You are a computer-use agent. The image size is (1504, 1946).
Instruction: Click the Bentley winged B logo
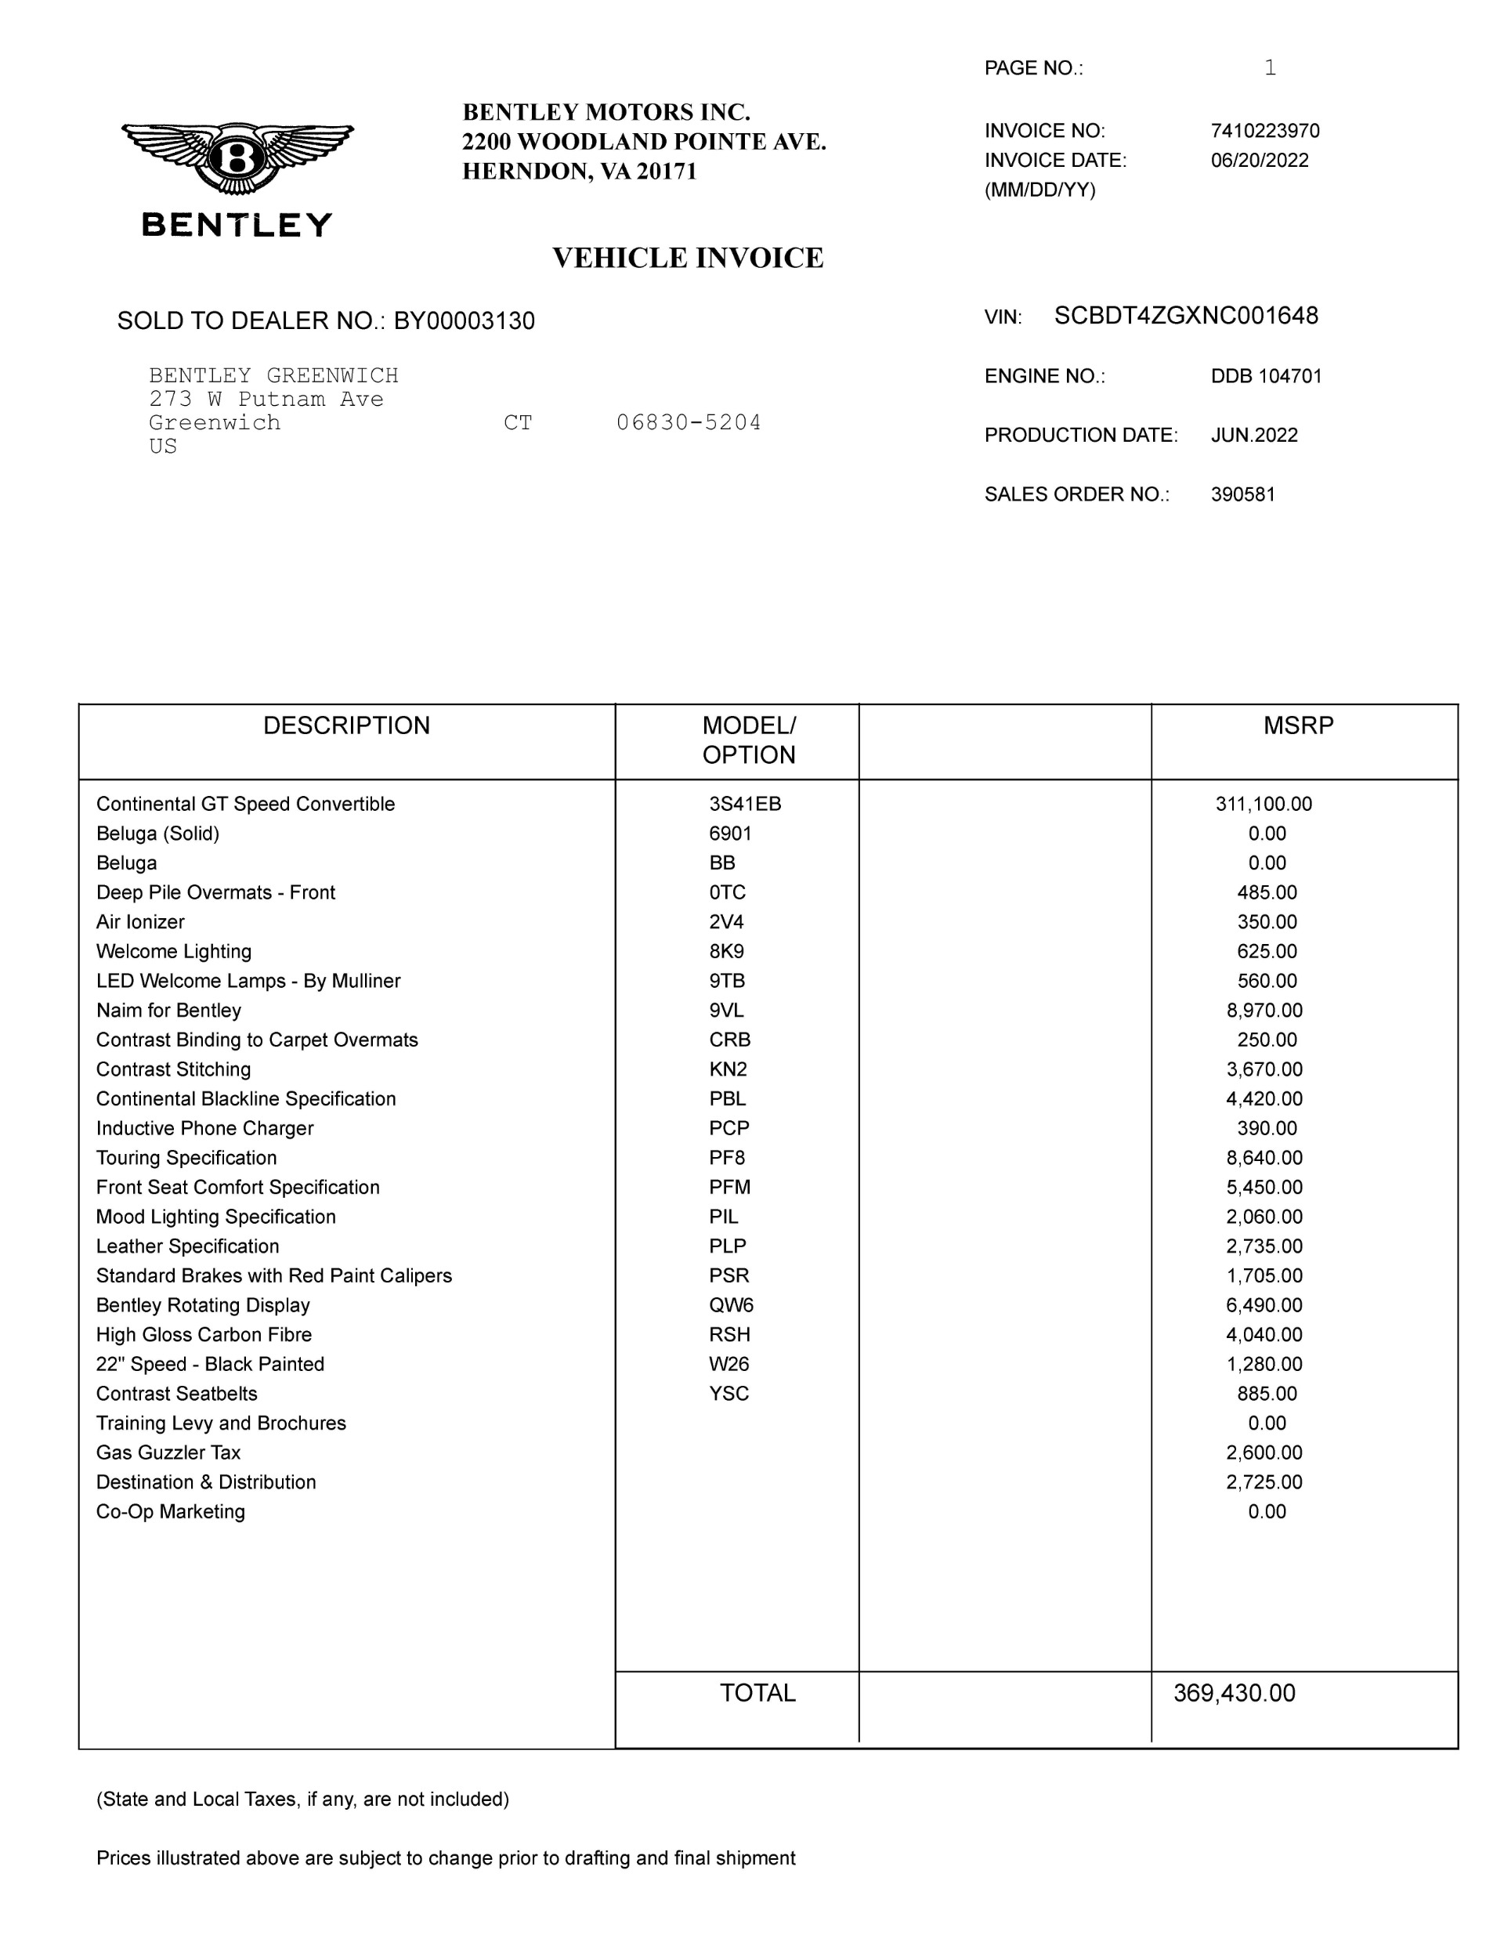point(237,158)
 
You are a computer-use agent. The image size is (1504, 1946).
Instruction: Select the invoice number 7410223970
point(1264,131)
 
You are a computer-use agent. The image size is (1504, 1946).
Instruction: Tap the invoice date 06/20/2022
point(1259,161)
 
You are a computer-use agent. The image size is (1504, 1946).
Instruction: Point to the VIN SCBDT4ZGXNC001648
point(1186,316)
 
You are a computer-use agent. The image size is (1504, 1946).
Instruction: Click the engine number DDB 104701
point(1266,376)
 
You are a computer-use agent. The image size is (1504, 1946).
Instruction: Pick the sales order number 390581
point(1243,494)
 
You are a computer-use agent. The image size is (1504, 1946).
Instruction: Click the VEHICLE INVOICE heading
point(688,259)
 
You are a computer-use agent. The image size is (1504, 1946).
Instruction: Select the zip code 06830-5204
point(689,422)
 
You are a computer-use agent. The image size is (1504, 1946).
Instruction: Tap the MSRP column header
point(1298,725)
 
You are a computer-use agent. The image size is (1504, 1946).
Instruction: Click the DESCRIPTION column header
point(346,725)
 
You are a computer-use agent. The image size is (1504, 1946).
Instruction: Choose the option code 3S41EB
point(745,804)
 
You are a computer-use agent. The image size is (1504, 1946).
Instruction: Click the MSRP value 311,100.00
point(1264,804)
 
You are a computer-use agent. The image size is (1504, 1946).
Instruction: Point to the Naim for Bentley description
point(168,1011)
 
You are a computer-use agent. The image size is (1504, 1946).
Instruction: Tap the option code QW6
point(732,1305)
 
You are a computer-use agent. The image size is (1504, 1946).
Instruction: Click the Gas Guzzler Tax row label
point(168,1452)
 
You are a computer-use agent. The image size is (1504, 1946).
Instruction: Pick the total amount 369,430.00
point(1234,1693)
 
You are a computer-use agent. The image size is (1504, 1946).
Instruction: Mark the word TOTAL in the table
point(757,1693)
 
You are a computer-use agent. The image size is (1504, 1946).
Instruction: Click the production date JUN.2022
point(1253,436)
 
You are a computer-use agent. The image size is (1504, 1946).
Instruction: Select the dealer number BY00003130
point(465,320)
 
